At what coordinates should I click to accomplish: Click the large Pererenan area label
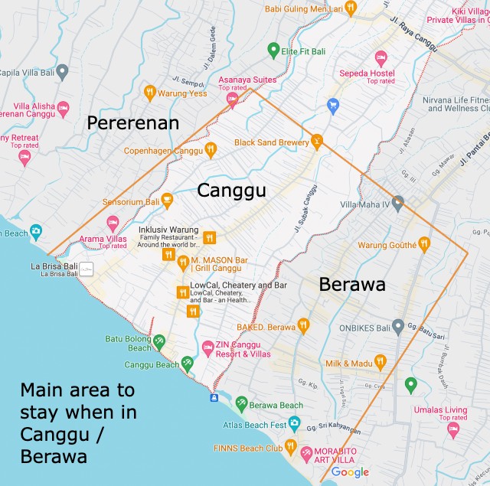(x=132, y=122)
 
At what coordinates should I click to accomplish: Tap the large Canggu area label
(x=231, y=190)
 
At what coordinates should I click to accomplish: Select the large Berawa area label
(x=352, y=285)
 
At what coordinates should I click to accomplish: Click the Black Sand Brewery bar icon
(x=316, y=141)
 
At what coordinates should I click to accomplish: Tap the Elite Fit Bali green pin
(x=273, y=51)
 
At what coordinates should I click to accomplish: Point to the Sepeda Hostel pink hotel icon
(x=381, y=57)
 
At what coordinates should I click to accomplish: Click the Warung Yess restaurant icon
(x=150, y=93)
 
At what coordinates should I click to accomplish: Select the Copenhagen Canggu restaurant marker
(x=211, y=150)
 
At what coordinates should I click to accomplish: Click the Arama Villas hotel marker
(x=113, y=223)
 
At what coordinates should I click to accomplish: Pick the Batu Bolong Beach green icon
(x=158, y=341)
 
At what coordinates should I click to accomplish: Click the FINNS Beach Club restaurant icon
(x=290, y=446)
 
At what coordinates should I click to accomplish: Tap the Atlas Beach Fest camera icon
(x=294, y=423)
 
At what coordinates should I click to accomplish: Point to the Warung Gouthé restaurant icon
(x=424, y=244)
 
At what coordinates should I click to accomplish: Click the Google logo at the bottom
(x=351, y=472)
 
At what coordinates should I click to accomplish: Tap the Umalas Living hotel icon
(x=453, y=429)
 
